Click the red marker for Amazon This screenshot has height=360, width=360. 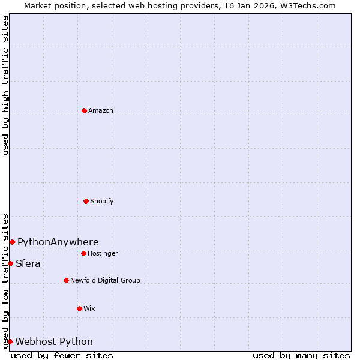(x=84, y=110)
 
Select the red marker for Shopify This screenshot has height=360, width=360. (x=86, y=201)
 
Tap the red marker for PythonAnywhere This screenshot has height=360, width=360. (x=12, y=242)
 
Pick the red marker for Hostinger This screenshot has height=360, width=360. (x=83, y=253)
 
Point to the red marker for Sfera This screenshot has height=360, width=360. (x=10, y=263)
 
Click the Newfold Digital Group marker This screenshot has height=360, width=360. (x=66, y=280)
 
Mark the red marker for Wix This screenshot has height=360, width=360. (x=79, y=308)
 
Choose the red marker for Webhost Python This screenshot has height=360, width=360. (x=10, y=341)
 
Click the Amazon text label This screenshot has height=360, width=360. (x=101, y=110)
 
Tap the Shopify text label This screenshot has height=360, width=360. (x=102, y=201)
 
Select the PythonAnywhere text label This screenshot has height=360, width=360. (x=58, y=242)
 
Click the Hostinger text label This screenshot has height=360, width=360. (x=103, y=253)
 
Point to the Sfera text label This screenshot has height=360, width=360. (x=28, y=264)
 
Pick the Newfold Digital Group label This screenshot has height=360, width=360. (x=105, y=280)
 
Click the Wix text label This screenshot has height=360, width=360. (x=89, y=308)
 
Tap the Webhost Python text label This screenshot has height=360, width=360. (x=54, y=342)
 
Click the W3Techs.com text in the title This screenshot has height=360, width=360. (x=308, y=6)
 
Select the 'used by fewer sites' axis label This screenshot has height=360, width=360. (x=62, y=355)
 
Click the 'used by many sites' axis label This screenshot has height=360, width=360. (x=301, y=355)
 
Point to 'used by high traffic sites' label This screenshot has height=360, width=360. (x=6, y=85)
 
